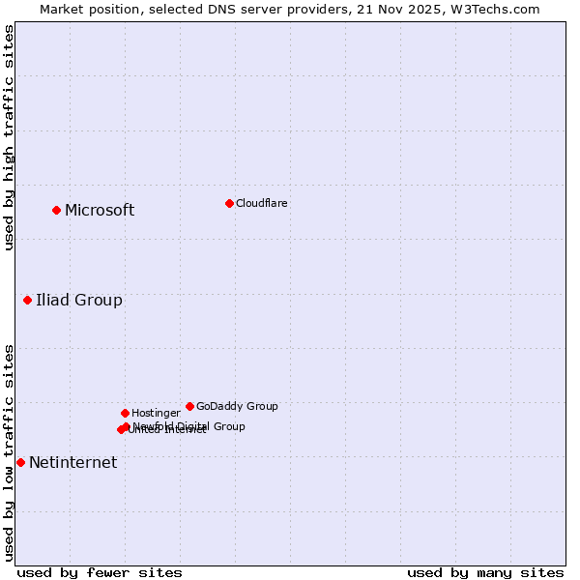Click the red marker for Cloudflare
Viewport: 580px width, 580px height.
coord(229,203)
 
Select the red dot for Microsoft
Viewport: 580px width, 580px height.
coord(57,210)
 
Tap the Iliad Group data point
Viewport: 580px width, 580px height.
coord(28,300)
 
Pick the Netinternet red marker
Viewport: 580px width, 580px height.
coord(20,462)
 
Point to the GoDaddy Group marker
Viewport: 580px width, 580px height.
coord(189,406)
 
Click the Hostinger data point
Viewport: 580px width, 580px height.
coord(125,413)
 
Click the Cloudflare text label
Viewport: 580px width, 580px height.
coord(261,203)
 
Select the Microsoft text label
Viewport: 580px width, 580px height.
coord(100,210)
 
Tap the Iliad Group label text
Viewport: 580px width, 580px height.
coord(79,300)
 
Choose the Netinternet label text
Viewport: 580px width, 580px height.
coord(72,462)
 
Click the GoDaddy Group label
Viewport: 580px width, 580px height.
coord(237,406)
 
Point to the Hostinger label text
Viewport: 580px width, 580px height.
coord(156,413)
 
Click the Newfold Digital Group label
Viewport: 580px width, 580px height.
coord(188,425)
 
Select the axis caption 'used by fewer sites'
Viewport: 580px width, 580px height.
coord(100,572)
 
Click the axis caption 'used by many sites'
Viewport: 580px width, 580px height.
coord(485,572)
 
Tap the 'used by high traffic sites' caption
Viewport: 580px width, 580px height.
coord(9,137)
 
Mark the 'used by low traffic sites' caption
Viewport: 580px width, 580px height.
coord(9,452)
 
